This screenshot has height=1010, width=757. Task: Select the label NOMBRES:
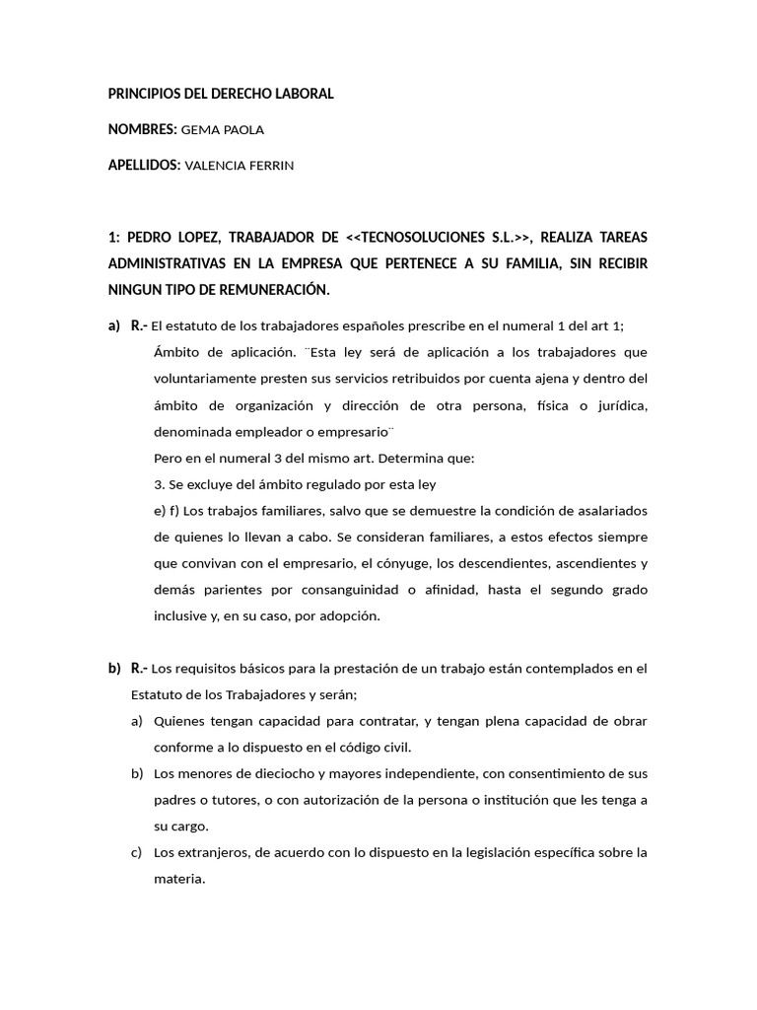click(142, 129)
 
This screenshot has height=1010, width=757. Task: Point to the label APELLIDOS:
click(144, 166)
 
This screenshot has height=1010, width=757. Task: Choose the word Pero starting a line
click(168, 459)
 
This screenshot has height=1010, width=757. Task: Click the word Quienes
click(179, 721)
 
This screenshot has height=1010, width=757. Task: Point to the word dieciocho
click(253, 773)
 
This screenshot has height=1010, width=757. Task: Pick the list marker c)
click(138, 852)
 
